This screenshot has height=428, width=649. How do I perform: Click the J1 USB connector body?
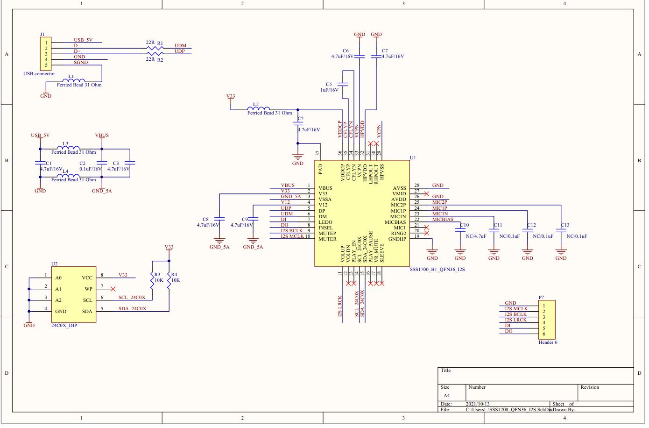[x=46, y=54]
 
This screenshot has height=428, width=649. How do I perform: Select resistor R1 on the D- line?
[x=151, y=48]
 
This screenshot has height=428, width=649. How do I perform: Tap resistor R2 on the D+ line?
[x=151, y=54]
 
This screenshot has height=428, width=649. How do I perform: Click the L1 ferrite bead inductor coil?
[x=76, y=80]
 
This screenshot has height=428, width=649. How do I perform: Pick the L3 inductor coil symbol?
[x=71, y=147]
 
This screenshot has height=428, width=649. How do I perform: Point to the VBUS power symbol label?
[x=102, y=136]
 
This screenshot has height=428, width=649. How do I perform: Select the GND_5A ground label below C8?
[x=219, y=247]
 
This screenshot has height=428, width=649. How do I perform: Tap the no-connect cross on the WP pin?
[x=113, y=289]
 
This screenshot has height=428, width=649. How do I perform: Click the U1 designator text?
[x=412, y=158]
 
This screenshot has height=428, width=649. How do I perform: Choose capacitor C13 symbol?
[x=561, y=230]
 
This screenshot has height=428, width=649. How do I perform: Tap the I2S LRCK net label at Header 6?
[x=515, y=320]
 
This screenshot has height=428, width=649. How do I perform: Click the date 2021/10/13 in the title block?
[x=478, y=404]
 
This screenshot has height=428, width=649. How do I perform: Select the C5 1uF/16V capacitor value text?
[x=329, y=90]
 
